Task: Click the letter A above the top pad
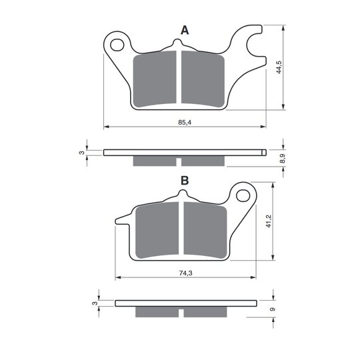tap(185, 30)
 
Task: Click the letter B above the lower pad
tap(185, 181)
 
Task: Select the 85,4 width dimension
tap(185, 123)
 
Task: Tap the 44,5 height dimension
tap(279, 67)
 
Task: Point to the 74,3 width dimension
tap(185, 273)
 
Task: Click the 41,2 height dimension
tap(269, 221)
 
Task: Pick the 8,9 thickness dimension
tap(283, 159)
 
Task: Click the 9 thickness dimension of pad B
tap(273, 309)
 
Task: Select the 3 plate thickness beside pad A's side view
tap(82, 153)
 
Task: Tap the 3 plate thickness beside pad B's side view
tap(95, 303)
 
